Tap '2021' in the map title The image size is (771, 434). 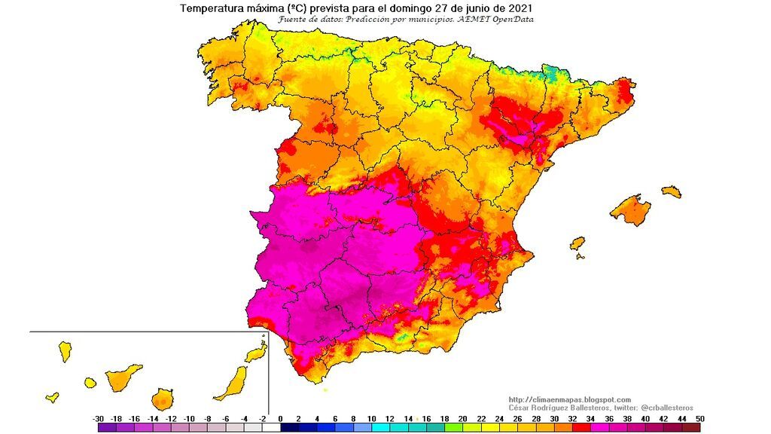pyautogui.click(x=520, y=8)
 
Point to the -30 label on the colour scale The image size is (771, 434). pyautogui.click(x=98, y=418)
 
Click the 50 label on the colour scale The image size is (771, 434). pyautogui.click(x=700, y=418)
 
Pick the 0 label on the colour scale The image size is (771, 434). pyautogui.click(x=280, y=418)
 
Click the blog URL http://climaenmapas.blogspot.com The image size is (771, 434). pyautogui.click(x=570, y=399)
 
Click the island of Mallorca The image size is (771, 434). pyautogui.click(x=630, y=209)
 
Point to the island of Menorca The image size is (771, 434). pyautogui.click(x=672, y=192)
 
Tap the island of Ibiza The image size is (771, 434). pyautogui.click(x=577, y=244)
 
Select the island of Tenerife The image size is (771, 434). pyautogui.click(x=124, y=376)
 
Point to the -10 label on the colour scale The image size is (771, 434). pyautogui.click(x=189, y=418)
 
